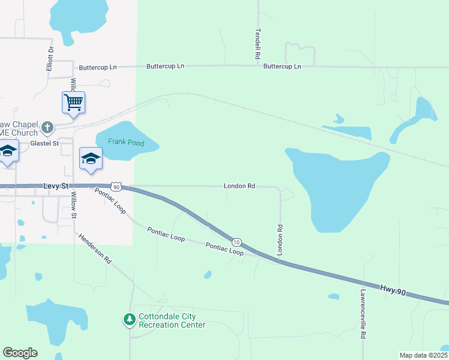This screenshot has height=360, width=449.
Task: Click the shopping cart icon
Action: (73, 102)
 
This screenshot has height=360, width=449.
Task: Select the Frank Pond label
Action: (126, 142)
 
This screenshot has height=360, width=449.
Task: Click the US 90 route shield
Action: (116, 187)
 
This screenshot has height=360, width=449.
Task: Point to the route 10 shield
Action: (237, 242)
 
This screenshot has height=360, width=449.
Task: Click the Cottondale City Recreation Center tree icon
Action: (129, 319)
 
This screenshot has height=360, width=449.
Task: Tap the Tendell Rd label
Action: (258, 43)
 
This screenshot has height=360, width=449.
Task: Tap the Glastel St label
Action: (44, 143)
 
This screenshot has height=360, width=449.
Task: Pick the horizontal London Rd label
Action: (240, 187)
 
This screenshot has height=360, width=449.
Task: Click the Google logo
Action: (20, 353)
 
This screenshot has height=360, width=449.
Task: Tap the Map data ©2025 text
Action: (423, 355)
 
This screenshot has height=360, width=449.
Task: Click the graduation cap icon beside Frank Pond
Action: (91, 158)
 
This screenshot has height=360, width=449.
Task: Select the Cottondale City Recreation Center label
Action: (172, 321)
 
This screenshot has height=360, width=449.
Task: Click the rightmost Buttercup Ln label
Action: (282, 67)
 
